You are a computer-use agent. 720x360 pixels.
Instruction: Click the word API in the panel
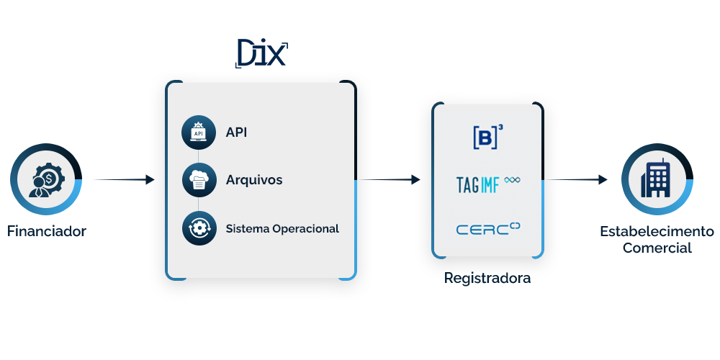[x=236, y=132]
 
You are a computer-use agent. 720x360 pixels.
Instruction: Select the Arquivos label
[x=253, y=180]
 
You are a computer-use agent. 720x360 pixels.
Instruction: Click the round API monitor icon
[x=199, y=132]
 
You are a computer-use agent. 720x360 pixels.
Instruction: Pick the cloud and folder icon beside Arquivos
[x=199, y=180]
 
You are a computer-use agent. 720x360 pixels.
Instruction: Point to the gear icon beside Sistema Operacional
[x=199, y=228]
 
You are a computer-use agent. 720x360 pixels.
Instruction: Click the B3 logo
[x=487, y=137]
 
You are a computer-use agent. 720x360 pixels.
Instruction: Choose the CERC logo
[x=487, y=229]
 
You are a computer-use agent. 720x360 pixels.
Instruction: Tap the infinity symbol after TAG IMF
[x=513, y=180]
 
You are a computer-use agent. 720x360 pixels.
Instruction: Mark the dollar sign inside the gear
[x=48, y=176]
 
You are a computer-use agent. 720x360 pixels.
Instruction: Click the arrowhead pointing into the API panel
[x=150, y=179]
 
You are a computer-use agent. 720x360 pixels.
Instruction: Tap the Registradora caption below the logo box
[x=487, y=279]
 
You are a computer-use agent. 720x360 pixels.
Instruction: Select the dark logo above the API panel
[x=262, y=54]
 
